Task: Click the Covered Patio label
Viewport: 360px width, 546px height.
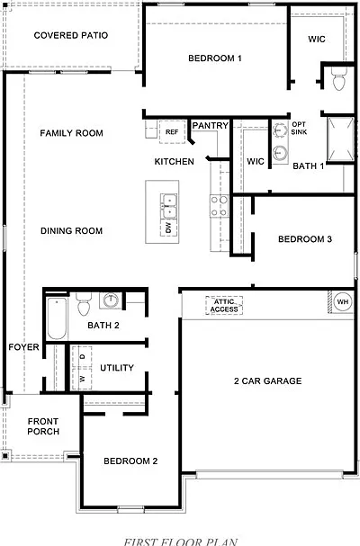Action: tap(71, 35)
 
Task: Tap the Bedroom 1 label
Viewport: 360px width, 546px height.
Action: tap(215, 58)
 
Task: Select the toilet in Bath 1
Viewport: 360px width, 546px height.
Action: tap(339, 79)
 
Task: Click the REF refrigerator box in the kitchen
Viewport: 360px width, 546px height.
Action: tap(172, 132)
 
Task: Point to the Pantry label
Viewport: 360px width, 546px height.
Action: tap(211, 125)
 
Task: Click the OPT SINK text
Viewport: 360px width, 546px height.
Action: tap(299, 128)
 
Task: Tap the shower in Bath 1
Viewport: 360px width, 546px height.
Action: tap(341, 140)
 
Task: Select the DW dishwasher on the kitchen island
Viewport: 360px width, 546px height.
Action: tap(169, 228)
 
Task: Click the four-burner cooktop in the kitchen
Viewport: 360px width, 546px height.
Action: tap(220, 206)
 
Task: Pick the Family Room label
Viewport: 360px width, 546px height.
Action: tap(71, 133)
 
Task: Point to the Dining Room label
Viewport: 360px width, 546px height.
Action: tap(71, 231)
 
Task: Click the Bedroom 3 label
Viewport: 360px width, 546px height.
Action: tap(305, 239)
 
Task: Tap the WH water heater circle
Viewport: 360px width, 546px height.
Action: tap(343, 302)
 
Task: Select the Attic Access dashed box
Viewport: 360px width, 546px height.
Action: tap(224, 306)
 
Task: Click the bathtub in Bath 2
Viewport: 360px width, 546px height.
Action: tap(57, 318)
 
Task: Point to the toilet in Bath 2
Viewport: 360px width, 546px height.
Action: tap(84, 304)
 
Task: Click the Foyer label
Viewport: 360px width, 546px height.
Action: tap(23, 347)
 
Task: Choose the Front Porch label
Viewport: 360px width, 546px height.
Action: tap(43, 426)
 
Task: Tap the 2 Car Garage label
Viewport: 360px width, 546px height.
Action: tap(267, 381)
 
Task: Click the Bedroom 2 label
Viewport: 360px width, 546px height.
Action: tap(130, 461)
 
